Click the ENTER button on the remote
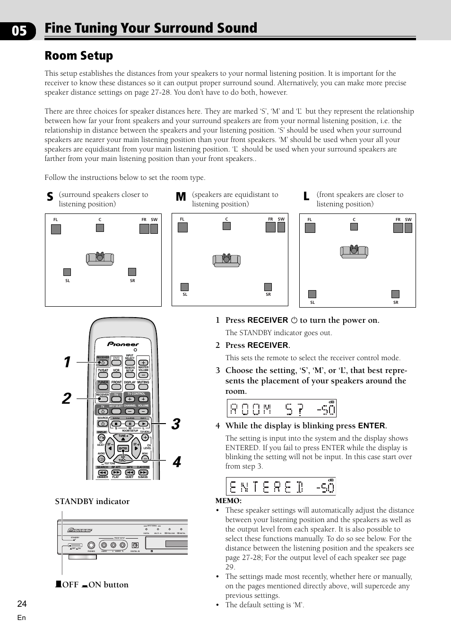click(123, 448)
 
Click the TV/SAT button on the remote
click(103, 375)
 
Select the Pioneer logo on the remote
click(123, 344)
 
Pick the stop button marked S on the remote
click(116, 424)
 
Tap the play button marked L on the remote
click(143, 424)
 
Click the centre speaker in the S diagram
click(100, 228)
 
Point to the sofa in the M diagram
click(226, 260)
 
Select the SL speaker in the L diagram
click(312, 294)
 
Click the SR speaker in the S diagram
click(132, 272)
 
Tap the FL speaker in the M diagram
click(182, 227)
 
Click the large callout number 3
click(176, 424)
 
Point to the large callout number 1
click(67, 362)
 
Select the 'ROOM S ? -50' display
click(281, 408)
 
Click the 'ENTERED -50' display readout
click(281, 487)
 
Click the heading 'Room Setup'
click(79, 56)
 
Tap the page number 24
click(22, 603)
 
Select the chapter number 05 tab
click(19, 31)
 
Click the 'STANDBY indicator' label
click(92, 501)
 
